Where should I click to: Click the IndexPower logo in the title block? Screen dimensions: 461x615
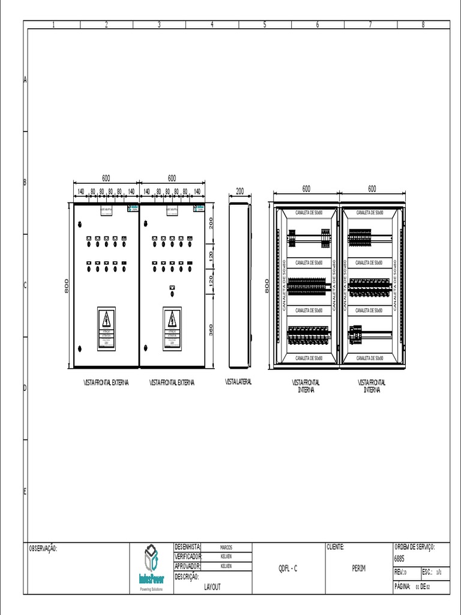pyautogui.click(x=152, y=568)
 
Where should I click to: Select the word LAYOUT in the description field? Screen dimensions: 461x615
pyautogui.click(x=212, y=587)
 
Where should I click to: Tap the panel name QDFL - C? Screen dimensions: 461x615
pyautogui.click(x=288, y=568)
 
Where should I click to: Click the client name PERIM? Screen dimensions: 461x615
pyautogui.click(x=358, y=568)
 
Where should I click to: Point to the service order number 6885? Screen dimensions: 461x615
pyautogui.click(x=399, y=558)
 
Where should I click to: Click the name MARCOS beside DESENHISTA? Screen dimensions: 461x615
pyautogui.click(x=226, y=547)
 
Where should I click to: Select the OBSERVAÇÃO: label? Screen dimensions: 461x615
pyautogui.click(x=43, y=548)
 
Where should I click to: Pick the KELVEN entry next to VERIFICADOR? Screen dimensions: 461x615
pyautogui.click(x=226, y=556)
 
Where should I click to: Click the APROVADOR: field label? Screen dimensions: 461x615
pyautogui.click(x=188, y=566)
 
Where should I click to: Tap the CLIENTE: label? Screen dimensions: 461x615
pyautogui.click(x=336, y=547)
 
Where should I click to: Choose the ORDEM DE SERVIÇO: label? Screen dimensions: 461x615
pyautogui.click(x=414, y=547)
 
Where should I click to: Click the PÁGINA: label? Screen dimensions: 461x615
pyautogui.click(x=402, y=586)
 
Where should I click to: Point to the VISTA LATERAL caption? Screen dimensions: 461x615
pyautogui.click(x=238, y=382)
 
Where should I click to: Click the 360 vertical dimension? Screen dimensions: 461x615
pyautogui.click(x=210, y=330)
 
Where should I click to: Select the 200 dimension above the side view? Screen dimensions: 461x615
pyautogui.click(x=240, y=191)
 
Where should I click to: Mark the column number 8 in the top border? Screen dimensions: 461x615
pyautogui.click(x=423, y=25)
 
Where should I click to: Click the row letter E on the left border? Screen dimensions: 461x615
pyautogui.click(x=25, y=491)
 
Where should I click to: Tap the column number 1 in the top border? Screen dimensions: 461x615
pyautogui.click(x=54, y=25)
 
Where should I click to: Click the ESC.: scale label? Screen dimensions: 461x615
pyautogui.click(x=427, y=572)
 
